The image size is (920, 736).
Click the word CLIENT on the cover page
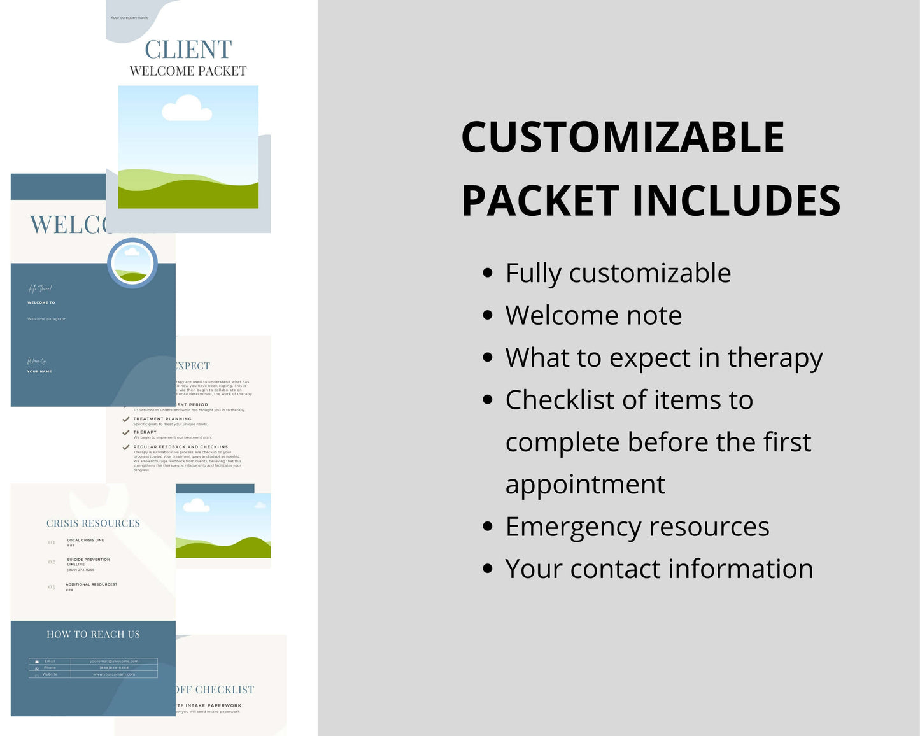tap(188, 50)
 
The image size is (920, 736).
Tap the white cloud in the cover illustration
tap(187, 108)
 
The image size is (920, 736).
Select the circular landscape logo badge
tap(132, 263)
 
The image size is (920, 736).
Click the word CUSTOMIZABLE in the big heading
tap(622, 137)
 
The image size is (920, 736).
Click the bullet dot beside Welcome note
tap(488, 315)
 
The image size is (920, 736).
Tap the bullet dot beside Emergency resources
tap(488, 527)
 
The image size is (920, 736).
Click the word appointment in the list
tap(585, 485)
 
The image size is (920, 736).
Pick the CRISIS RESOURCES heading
tap(93, 523)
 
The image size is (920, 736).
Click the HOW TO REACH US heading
tap(93, 634)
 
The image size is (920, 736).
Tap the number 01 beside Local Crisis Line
tap(52, 542)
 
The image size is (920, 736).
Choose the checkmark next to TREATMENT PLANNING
tap(126, 420)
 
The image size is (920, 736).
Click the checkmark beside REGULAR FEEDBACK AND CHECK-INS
tap(126, 447)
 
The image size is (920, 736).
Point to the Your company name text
tap(129, 18)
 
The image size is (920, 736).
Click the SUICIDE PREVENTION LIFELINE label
tap(88, 562)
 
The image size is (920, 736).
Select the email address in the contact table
tap(114, 661)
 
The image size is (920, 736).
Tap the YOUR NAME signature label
tap(39, 371)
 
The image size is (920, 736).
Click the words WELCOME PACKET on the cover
tap(188, 71)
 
